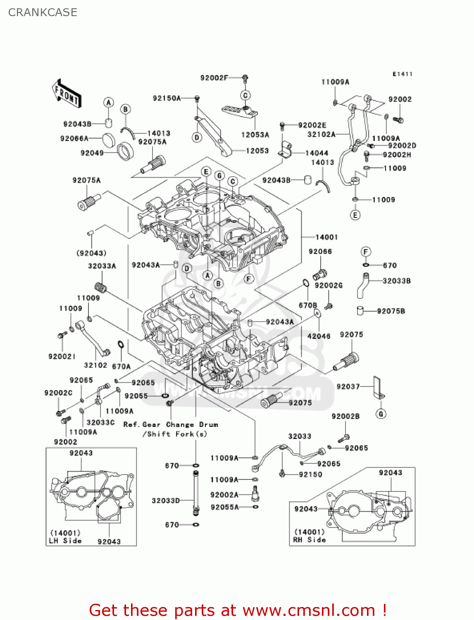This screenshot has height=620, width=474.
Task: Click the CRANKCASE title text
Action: (x=43, y=12)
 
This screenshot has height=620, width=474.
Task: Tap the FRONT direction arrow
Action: (x=67, y=94)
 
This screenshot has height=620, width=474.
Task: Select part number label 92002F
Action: (x=214, y=78)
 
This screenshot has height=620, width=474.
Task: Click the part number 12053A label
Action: (x=255, y=135)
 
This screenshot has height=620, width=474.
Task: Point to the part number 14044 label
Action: (x=317, y=153)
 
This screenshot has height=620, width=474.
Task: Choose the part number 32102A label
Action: (x=321, y=134)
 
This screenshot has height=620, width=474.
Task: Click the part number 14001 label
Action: (x=326, y=237)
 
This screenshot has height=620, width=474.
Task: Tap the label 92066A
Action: (x=74, y=138)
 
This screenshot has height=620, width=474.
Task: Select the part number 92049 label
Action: (x=92, y=153)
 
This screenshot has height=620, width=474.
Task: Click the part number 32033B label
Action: (x=396, y=281)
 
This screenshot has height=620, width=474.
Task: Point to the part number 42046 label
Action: (x=319, y=336)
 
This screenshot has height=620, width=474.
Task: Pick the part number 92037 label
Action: (x=348, y=386)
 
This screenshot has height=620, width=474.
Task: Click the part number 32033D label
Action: (x=166, y=501)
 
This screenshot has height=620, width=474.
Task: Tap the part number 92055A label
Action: (x=224, y=507)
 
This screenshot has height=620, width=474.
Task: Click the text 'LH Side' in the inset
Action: (x=65, y=541)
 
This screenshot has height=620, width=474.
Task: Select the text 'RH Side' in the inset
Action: (x=310, y=540)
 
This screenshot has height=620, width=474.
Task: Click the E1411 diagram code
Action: (x=402, y=74)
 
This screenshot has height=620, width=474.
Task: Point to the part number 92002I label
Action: (x=62, y=356)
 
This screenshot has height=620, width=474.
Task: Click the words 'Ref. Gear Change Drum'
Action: (x=171, y=424)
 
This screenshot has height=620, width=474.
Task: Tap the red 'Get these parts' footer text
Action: (x=238, y=610)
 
